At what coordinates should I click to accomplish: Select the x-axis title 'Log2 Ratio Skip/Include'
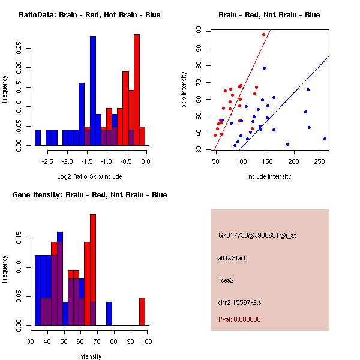89,176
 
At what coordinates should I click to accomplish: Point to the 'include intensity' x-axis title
269,176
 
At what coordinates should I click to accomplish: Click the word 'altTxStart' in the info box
232,258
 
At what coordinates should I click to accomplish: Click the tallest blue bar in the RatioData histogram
93,90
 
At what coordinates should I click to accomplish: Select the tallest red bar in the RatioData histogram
137,90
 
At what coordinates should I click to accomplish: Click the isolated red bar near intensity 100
142,311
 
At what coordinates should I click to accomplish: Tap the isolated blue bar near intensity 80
109,313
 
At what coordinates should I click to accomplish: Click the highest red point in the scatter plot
263,34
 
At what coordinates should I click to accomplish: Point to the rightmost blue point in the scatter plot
325,139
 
